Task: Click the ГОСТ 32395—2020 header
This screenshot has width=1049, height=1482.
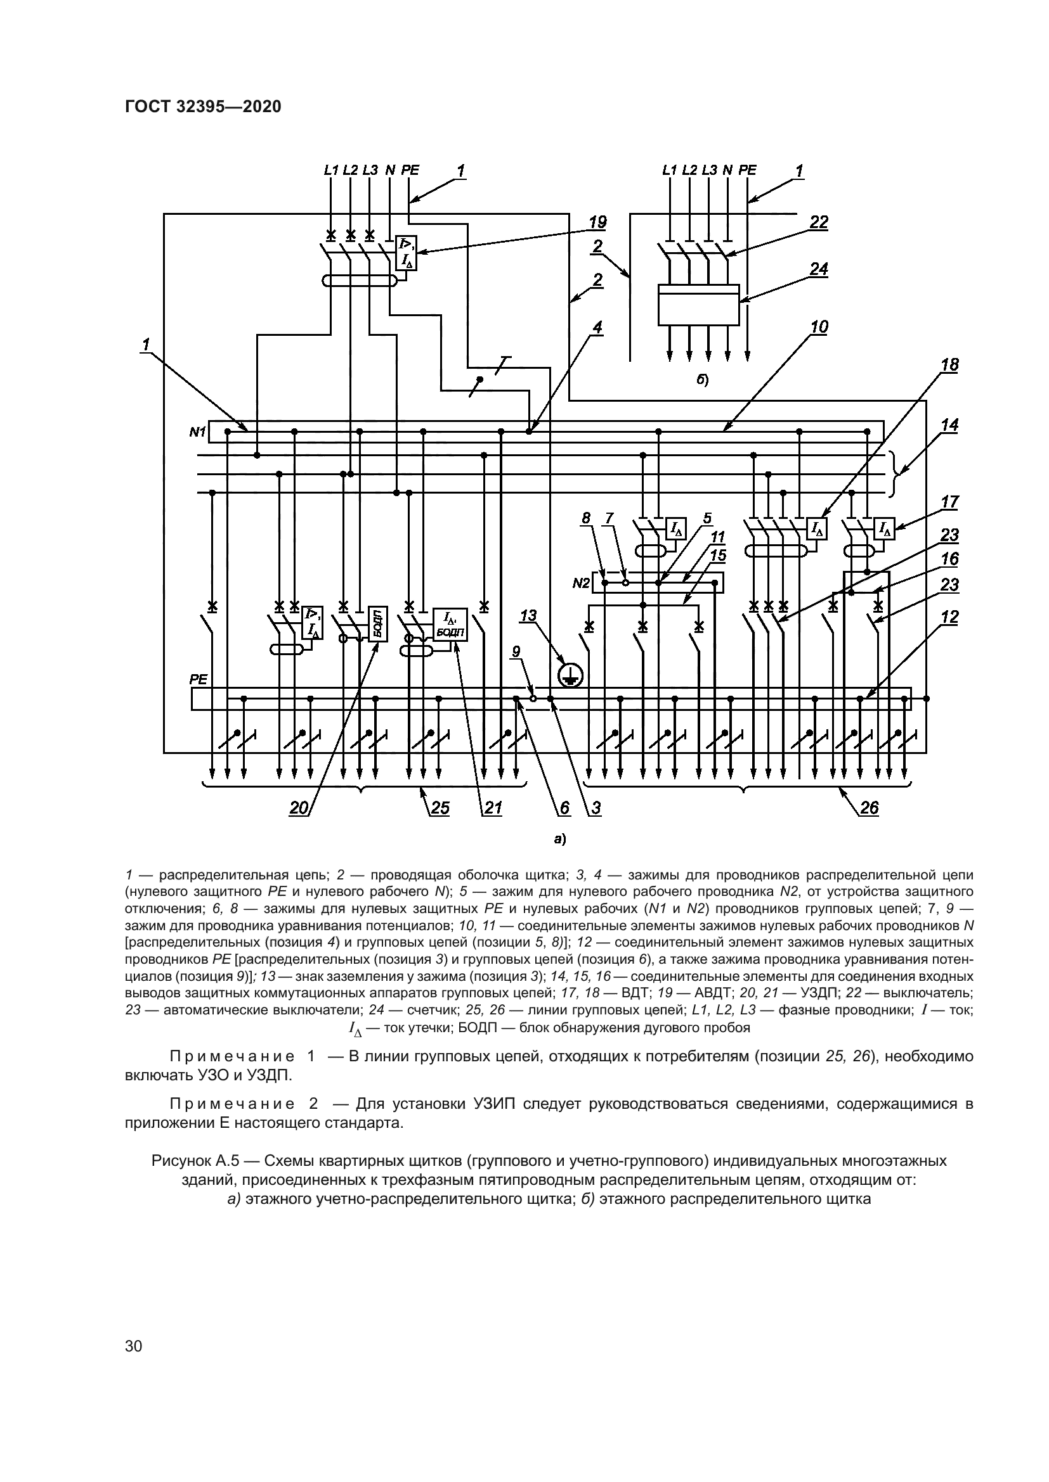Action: tap(203, 107)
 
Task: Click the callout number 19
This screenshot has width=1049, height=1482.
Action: tap(597, 222)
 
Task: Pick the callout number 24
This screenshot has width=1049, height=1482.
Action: tap(818, 269)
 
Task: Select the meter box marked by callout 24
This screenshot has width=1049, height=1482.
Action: tap(698, 305)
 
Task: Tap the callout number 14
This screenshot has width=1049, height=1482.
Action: tap(949, 425)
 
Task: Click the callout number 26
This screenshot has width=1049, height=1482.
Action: tap(870, 807)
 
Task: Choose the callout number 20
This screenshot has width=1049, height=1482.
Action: tap(299, 807)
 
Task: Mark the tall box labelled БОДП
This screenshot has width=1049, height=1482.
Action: tap(377, 623)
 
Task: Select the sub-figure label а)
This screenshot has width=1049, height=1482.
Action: tap(559, 839)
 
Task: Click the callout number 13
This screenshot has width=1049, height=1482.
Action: tap(528, 615)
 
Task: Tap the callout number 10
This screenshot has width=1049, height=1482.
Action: tap(819, 326)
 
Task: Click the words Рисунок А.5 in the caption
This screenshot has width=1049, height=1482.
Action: tap(195, 1161)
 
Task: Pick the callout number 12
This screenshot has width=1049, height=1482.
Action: tap(949, 617)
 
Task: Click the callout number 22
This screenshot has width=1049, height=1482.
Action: tap(818, 222)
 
